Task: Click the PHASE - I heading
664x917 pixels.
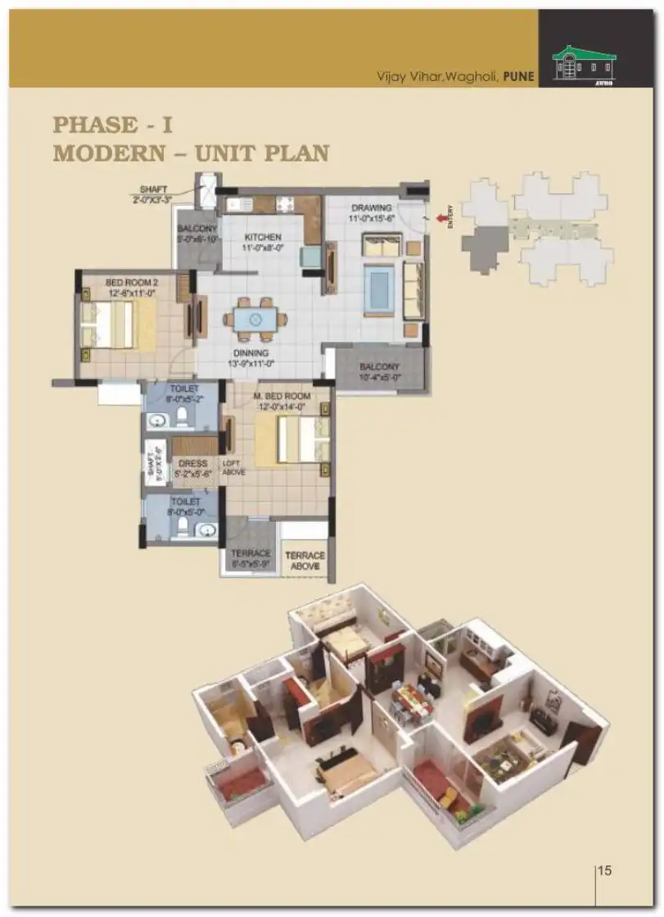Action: (x=113, y=125)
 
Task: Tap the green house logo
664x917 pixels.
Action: (x=583, y=63)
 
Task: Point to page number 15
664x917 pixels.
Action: (x=604, y=870)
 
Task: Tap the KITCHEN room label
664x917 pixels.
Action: (x=263, y=237)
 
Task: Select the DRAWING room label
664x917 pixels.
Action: (x=371, y=208)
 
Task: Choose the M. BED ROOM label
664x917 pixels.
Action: (x=282, y=397)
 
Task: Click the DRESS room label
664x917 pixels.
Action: (x=193, y=463)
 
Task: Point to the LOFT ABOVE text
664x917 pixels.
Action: (x=233, y=467)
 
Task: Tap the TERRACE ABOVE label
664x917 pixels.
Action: (x=305, y=560)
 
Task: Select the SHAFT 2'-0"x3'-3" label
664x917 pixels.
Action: (x=153, y=193)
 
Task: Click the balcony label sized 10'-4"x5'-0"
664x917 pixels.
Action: (x=378, y=372)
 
